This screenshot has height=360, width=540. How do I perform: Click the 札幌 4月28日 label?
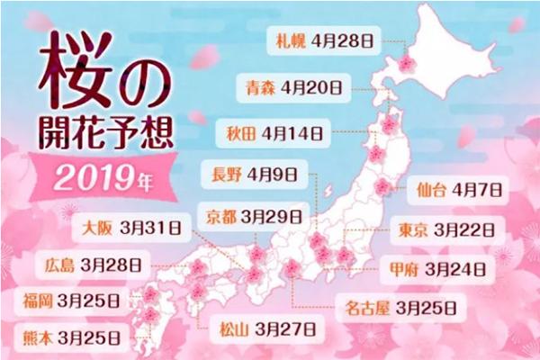click(326, 40)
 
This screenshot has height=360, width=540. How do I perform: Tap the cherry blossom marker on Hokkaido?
click(407, 64)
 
